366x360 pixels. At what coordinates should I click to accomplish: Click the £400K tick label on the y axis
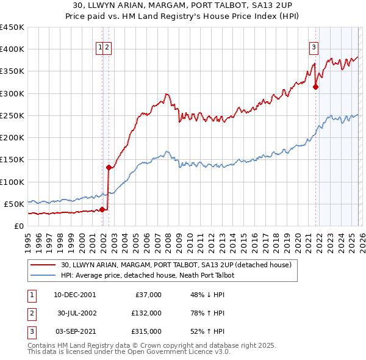(12, 49)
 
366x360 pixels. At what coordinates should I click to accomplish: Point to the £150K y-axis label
(12, 160)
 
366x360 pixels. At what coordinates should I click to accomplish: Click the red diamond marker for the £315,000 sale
(316, 87)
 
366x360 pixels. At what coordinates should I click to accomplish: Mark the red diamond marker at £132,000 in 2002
(109, 167)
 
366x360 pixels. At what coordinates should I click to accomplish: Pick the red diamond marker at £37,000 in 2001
(102, 209)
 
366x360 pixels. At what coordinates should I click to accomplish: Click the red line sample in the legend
(42, 265)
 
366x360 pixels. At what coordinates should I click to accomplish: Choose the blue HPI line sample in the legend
(42, 276)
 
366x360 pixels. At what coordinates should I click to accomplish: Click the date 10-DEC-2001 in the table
(74, 295)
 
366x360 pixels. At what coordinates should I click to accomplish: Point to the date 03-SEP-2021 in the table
(74, 331)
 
